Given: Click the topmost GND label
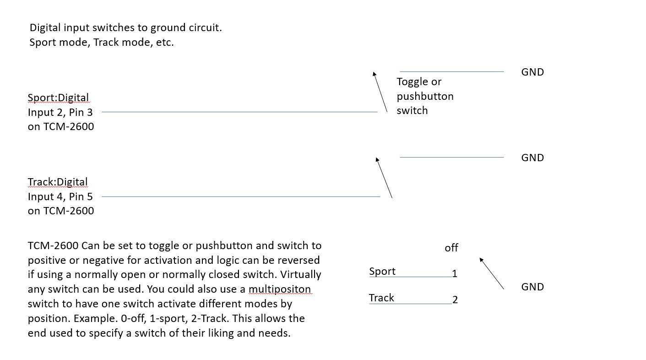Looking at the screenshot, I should coord(532,72).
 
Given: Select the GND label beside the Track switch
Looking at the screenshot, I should coord(532,158).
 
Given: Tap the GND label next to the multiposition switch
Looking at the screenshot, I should coord(532,287).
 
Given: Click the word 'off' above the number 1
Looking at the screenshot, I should coord(451,248).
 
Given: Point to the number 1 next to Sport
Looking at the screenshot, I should coord(455,274).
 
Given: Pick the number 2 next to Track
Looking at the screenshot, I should coord(455,300).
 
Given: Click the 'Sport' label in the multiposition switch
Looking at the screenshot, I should coord(382,271).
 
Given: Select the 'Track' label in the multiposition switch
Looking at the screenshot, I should coord(381,298).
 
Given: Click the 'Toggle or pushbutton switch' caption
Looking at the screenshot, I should coord(425,96).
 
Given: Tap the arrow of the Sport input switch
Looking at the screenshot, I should coord(380,92).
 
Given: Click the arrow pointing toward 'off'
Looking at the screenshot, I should coord(492,273).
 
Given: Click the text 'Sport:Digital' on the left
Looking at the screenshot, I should coord(58,98).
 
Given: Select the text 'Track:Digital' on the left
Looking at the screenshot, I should coord(57,182).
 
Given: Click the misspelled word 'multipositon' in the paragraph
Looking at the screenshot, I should coord(280,289).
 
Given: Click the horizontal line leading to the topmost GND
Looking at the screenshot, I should coord(451,71).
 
